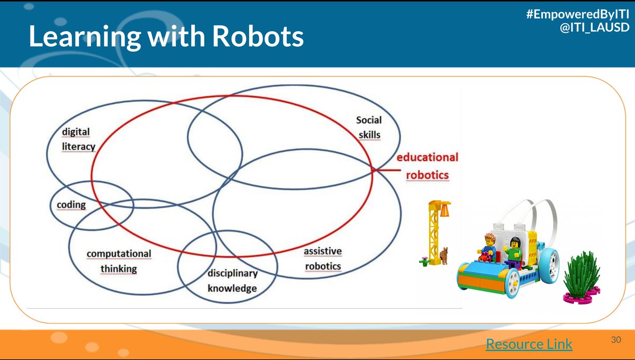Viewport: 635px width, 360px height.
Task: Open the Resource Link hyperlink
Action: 529,344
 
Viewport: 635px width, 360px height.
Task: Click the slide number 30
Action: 615,339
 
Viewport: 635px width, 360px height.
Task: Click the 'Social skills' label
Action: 368,127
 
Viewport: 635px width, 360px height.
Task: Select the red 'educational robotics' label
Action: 428,166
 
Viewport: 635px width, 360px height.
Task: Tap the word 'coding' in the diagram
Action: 71,204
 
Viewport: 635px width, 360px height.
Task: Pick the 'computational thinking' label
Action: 119,261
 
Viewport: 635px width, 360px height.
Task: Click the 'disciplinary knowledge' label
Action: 232,281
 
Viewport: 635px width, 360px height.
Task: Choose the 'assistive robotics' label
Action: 322,258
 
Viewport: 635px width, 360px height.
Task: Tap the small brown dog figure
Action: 444,255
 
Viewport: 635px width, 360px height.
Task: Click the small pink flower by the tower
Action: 424,259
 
